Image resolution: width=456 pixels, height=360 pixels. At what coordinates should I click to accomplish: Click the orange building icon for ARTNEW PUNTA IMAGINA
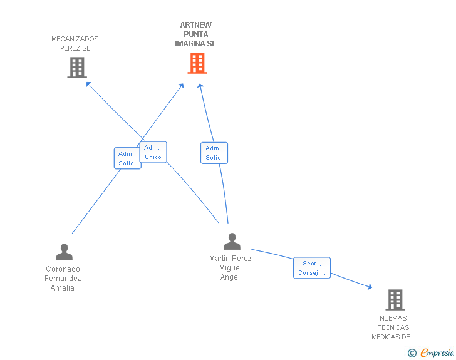tap(197, 63)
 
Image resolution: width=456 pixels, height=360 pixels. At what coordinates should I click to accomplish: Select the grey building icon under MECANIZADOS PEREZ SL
tap(77, 68)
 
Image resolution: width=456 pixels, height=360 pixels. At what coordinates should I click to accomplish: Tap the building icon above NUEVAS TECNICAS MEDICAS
tap(395, 300)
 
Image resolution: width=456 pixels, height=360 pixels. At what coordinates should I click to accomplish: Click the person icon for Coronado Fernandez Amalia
tap(64, 252)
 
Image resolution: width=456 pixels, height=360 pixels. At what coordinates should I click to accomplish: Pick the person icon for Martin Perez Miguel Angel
tap(232, 242)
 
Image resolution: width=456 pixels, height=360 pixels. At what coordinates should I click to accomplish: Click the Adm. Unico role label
tap(153, 152)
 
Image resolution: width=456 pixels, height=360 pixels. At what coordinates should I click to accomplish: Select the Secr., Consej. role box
tap(312, 268)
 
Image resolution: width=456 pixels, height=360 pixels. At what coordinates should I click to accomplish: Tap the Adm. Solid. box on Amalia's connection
tap(127, 158)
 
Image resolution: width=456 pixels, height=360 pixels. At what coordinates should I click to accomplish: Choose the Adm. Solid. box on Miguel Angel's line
tap(214, 153)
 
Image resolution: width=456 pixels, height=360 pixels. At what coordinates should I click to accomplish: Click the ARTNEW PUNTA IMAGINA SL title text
tap(195, 34)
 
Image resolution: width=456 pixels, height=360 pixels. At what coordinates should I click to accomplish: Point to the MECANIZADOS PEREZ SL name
tap(75, 44)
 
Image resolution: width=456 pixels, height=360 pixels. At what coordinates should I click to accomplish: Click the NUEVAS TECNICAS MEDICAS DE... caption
tap(393, 327)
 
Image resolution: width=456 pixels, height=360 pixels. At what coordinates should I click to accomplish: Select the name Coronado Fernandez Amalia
tap(63, 278)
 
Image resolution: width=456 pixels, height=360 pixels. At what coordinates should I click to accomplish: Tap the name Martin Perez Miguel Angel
tap(230, 268)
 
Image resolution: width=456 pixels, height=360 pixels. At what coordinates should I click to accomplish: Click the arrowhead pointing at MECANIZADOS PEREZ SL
tap(88, 84)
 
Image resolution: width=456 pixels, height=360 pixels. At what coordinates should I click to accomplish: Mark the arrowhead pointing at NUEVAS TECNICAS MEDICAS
tap(370, 287)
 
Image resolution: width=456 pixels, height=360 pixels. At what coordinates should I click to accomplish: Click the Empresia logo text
tap(437, 352)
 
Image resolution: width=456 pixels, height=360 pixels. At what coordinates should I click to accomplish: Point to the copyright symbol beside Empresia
tap(412, 353)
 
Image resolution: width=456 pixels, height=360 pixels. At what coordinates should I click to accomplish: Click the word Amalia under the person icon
tap(62, 288)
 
